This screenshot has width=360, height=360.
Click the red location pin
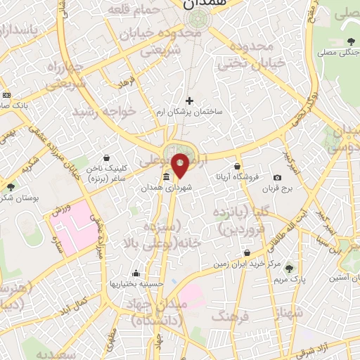point(181,165)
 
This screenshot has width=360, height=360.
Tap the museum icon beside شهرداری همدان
point(166,176)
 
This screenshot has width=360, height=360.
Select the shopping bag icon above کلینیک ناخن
point(105,157)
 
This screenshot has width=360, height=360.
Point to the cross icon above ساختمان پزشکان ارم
point(188,101)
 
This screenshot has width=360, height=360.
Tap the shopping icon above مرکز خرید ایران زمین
point(247,252)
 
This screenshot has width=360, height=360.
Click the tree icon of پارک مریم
point(288,269)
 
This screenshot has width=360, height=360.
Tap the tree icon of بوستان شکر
point(11,187)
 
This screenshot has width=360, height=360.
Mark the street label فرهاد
point(127,83)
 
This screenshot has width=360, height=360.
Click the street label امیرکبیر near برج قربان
point(291,162)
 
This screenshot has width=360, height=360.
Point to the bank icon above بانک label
point(6,95)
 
